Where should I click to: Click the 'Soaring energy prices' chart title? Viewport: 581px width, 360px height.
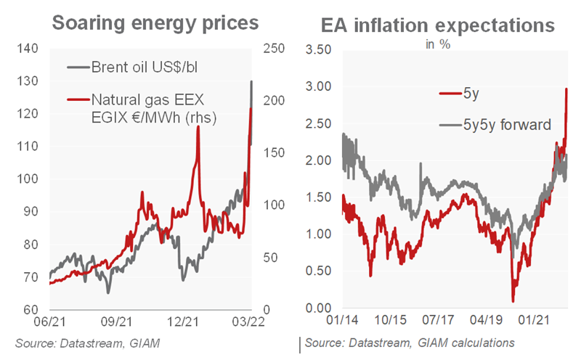click(x=156, y=22)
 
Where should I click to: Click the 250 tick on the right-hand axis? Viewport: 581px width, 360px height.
click(x=269, y=49)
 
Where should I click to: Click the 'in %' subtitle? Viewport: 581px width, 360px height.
click(x=436, y=41)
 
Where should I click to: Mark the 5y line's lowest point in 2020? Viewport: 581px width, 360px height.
click(x=513, y=300)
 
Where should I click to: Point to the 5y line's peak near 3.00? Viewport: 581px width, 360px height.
click(x=566, y=89)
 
